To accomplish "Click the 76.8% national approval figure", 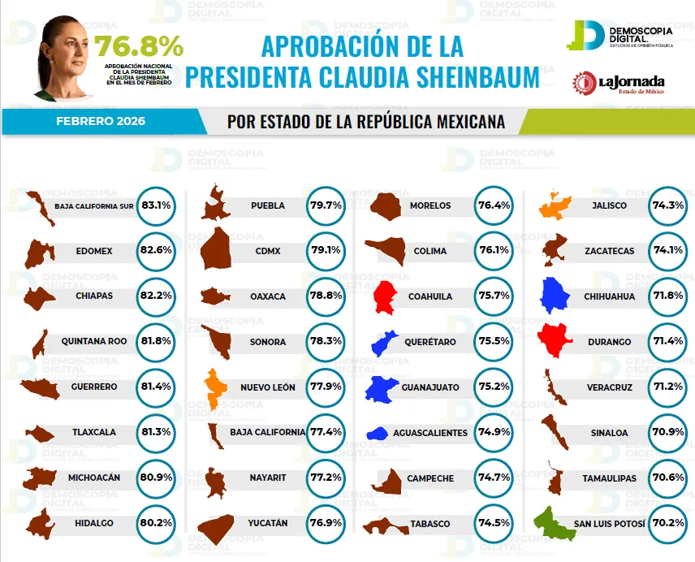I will tap(139, 47).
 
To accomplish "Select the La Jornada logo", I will tap(619, 83).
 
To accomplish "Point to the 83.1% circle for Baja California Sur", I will tap(156, 205).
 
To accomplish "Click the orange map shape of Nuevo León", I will tap(215, 388).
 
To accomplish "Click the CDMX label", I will tap(267, 251).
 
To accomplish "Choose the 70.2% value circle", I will tap(666, 524).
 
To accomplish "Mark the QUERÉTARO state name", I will tap(431, 342).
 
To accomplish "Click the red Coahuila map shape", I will tap(386, 296).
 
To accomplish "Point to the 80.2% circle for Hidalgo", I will tap(156, 524).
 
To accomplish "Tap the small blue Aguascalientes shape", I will tap(378, 434).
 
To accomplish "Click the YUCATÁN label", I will tap(267, 524).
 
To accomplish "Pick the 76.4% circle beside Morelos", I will tap(494, 205).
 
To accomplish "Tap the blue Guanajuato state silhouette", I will tap(383, 389).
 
